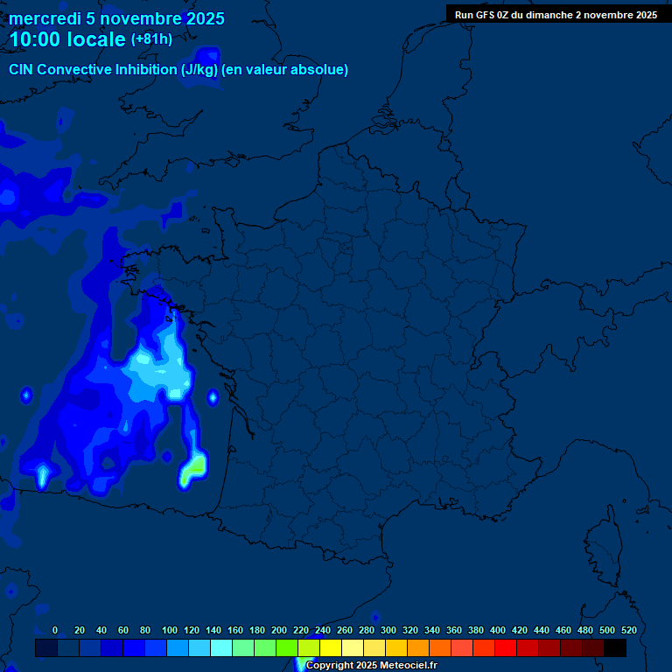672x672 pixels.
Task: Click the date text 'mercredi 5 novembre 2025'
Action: pyautogui.click(x=116, y=18)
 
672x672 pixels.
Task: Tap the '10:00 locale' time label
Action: pyautogui.click(x=67, y=39)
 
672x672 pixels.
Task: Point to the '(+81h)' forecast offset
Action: pyautogui.click(x=151, y=39)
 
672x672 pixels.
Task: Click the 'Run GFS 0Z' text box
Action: pyautogui.click(x=556, y=15)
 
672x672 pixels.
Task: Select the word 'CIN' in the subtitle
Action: pyautogui.click(x=22, y=70)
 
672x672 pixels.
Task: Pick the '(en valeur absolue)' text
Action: pyautogui.click(x=286, y=70)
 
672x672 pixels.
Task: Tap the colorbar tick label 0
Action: pyautogui.click(x=55, y=630)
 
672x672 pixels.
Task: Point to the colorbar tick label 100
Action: pyautogui.click(x=170, y=630)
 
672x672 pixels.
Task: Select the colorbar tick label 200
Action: pyautogui.click(x=279, y=630)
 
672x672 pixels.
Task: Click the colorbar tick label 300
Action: pyautogui.click(x=388, y=630)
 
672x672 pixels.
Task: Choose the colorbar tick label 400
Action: pyautogui.click(x=498, y=630)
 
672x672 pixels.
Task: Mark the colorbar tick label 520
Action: pyautogui.click(x=628, y=630)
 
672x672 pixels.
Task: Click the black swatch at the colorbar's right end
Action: pyautogui.click(x=615, y=648)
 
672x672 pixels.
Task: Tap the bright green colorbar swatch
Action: pyautogui.click(x=287, y=648)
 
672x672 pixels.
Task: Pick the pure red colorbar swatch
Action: pyautogui.click(x=506, y=648)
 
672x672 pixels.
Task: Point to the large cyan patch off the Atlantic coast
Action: pyautogui.click(x=162, y=369)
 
